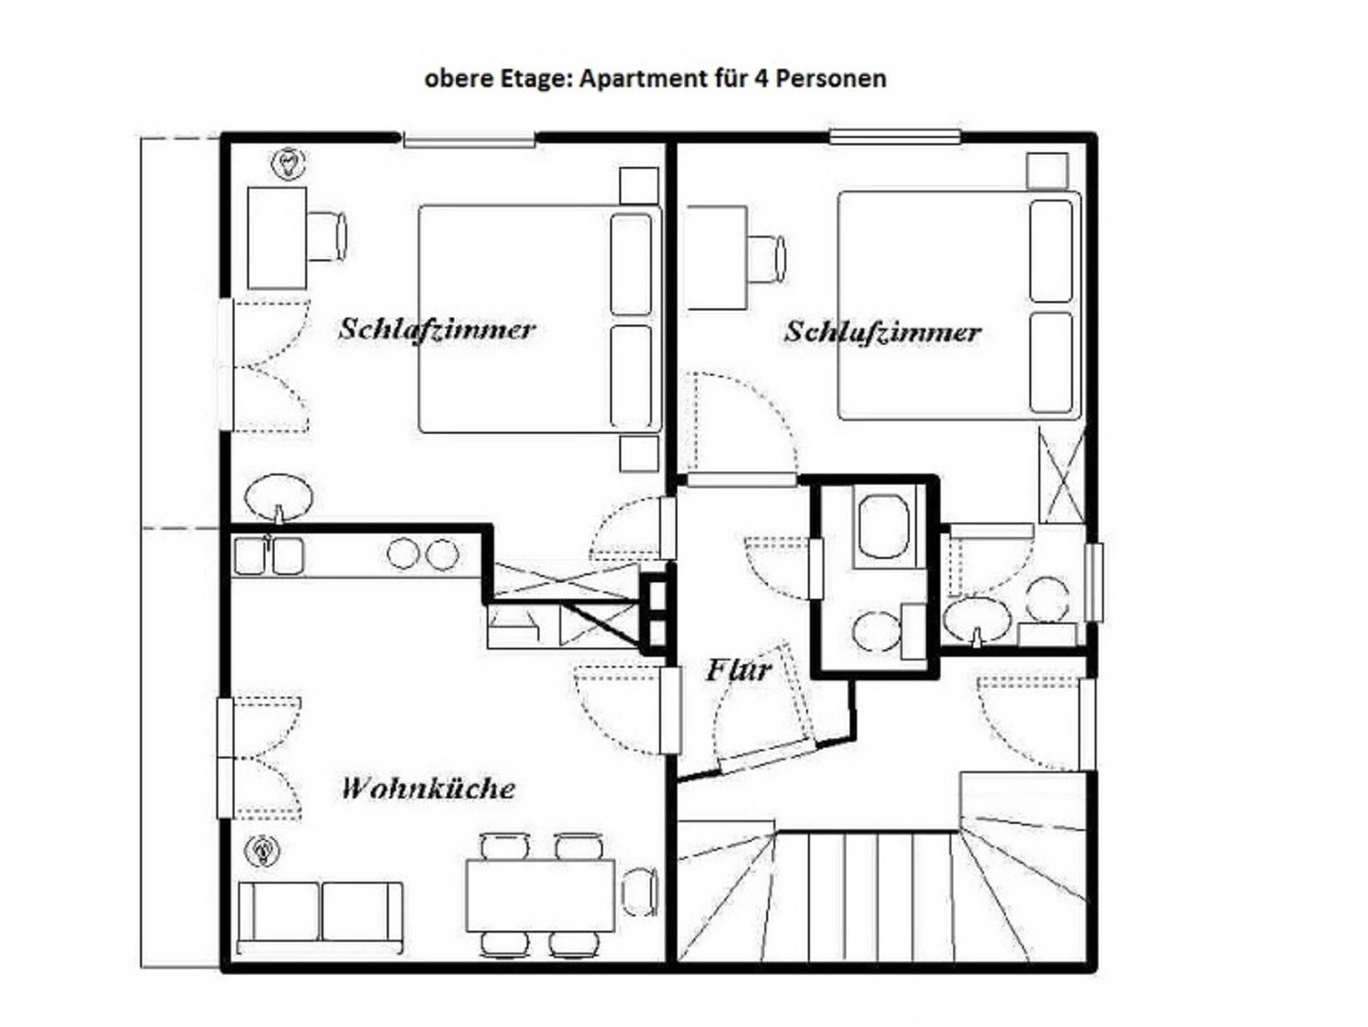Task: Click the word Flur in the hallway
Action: [x=739, y=670]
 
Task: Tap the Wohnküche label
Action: [x=428, y=788]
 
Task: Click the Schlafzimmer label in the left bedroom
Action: [x=437, y=329]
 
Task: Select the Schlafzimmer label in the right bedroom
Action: [x=882, y=332]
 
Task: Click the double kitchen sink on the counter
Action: [x=269, y=556]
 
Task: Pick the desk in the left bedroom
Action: [x=277, y=238]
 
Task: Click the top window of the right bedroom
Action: [x=895, y=137]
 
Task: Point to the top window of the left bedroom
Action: [x=470, y=140]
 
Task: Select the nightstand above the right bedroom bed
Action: [x=1047, y=171]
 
